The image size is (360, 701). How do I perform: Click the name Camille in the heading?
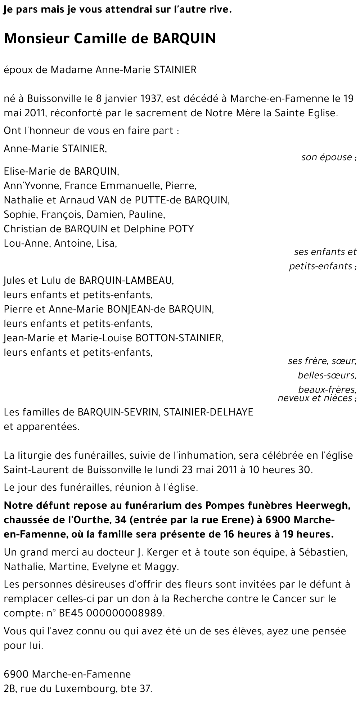click(x=98, y=39)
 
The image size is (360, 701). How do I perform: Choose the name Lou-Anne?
click(x=27, y=243)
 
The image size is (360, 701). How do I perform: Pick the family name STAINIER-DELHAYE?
click(x=208, y=412)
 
